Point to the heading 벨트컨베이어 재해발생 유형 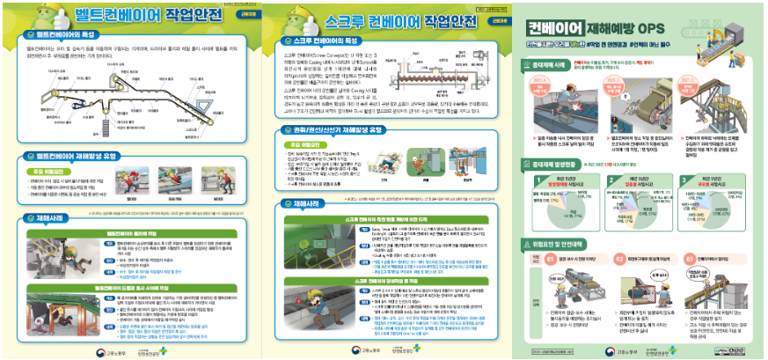coord(72,156)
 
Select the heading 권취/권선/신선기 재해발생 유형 coord(340,129)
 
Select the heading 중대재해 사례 coord(552,63)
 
